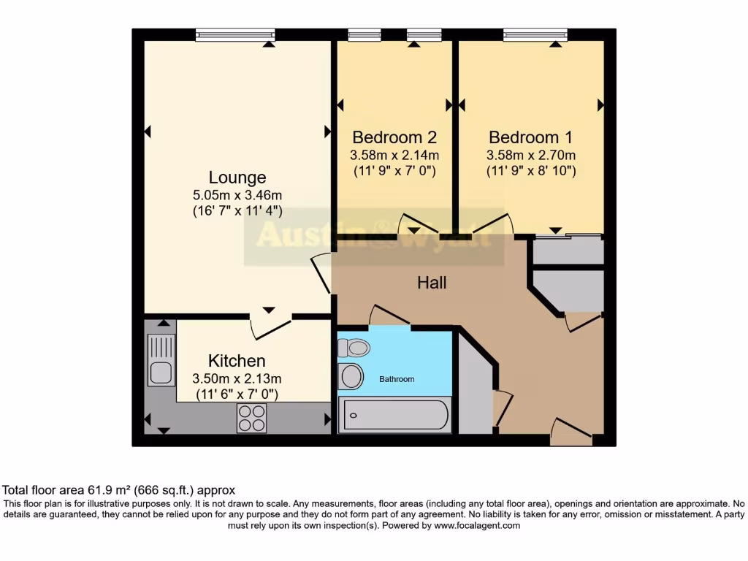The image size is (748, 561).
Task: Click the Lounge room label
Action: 237,178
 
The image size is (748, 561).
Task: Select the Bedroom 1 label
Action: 530,137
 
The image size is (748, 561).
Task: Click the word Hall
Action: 432,282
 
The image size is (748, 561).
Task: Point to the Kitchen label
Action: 237,361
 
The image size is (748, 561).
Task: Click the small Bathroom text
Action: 397,379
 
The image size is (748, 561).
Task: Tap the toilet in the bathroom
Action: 354,348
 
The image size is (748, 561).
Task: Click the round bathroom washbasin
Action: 352,377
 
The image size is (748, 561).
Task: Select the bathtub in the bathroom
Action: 394,416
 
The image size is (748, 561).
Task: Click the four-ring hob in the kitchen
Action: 251,418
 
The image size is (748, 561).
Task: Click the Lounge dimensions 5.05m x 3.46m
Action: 237,195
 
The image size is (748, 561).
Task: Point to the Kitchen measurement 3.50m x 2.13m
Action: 237,378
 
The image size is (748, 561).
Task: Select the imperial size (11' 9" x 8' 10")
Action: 531,171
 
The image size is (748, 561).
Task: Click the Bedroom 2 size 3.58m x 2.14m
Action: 394,155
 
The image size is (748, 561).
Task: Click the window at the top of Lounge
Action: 235,34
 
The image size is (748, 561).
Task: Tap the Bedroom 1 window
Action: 535,34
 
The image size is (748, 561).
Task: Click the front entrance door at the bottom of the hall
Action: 571,432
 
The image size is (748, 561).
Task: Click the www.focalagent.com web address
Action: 477,525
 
